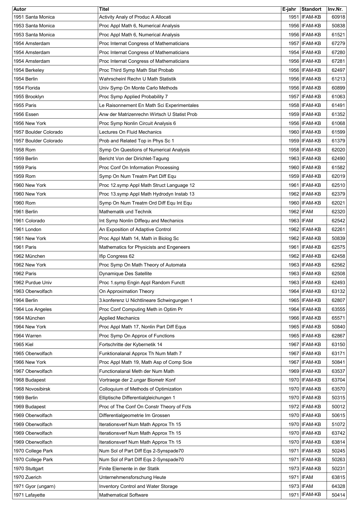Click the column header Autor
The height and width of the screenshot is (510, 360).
(20, 9)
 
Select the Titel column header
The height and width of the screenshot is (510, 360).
(104, 9)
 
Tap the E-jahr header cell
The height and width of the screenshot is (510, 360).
(289, 9)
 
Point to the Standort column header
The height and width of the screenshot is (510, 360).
(311, 9)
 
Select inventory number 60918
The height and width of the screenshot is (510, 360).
(338, 17)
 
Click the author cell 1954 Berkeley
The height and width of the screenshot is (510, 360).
(29, 70)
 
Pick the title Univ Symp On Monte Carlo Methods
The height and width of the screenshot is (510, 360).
(138, 88)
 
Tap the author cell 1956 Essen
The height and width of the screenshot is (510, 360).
(26, 114)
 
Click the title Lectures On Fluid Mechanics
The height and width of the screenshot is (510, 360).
(130, 132)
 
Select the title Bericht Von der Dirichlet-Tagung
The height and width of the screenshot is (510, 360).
(134, 159)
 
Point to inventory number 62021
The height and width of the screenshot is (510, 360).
(338, 203)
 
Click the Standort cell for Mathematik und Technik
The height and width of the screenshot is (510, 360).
(307, 212)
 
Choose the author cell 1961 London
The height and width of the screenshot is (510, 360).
(27, 230)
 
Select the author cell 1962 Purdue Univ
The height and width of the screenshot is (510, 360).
(33, 283)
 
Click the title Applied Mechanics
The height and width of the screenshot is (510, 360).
(119, 318)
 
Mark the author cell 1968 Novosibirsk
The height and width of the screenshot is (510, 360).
(32, 389)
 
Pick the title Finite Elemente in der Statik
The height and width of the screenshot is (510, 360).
(129, 469)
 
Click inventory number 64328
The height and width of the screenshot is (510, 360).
(338, 486)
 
